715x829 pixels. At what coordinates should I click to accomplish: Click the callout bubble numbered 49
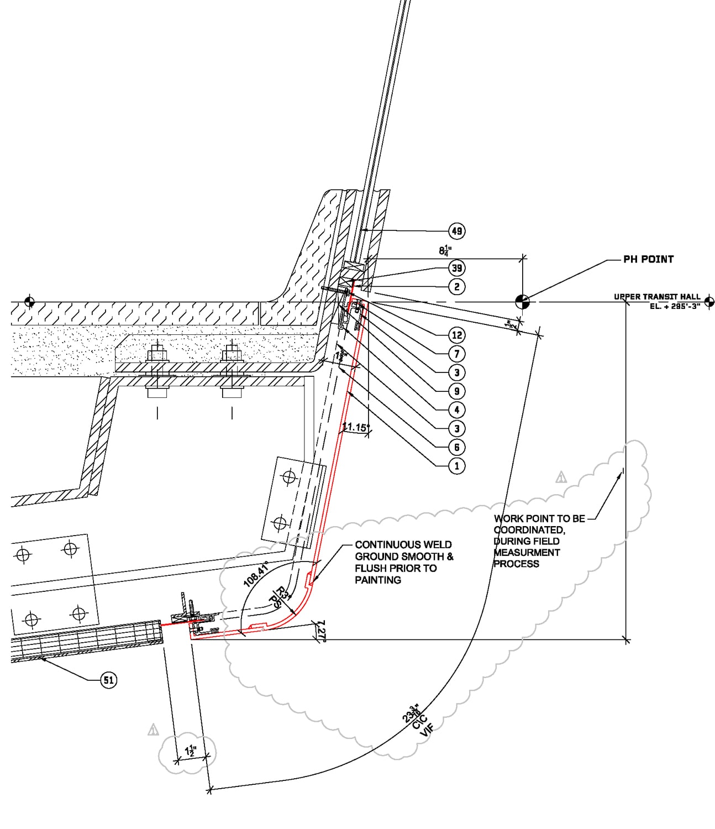456,231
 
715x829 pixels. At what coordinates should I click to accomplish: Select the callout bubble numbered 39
456,268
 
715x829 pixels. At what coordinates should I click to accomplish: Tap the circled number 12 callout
456,335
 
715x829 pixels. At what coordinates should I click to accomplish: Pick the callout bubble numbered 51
109,680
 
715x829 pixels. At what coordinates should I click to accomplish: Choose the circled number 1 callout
456,466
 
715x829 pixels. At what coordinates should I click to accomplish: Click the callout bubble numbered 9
456,391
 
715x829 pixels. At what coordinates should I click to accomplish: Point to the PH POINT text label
648,259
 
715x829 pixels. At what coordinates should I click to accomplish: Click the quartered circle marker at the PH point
522,302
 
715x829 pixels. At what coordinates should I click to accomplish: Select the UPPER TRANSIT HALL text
656,297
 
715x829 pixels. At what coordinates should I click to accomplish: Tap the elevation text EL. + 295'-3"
674,306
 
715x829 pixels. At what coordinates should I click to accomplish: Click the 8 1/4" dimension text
445,250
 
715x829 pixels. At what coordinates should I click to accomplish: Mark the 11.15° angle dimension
355,427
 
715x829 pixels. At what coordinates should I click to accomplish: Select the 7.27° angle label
321,631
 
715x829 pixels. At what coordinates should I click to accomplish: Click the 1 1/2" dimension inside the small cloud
191,751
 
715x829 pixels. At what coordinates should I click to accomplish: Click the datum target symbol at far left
30,302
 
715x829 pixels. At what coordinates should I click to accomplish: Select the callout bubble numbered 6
456,447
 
